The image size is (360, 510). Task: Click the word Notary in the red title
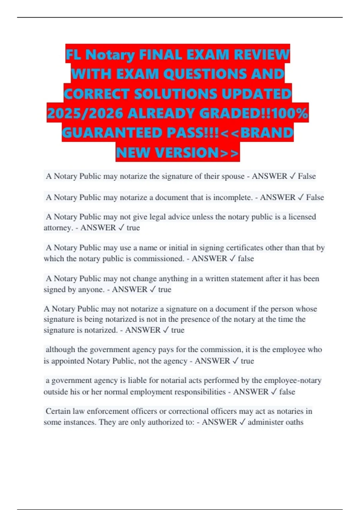click(110, 55)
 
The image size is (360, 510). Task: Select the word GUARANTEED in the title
click(113, 133)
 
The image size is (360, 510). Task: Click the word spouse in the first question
click(233, 176)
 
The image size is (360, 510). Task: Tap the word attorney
click(58, 228)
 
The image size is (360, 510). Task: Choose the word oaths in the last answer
click(294, 422)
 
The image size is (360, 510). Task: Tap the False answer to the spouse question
click(307, 176)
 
